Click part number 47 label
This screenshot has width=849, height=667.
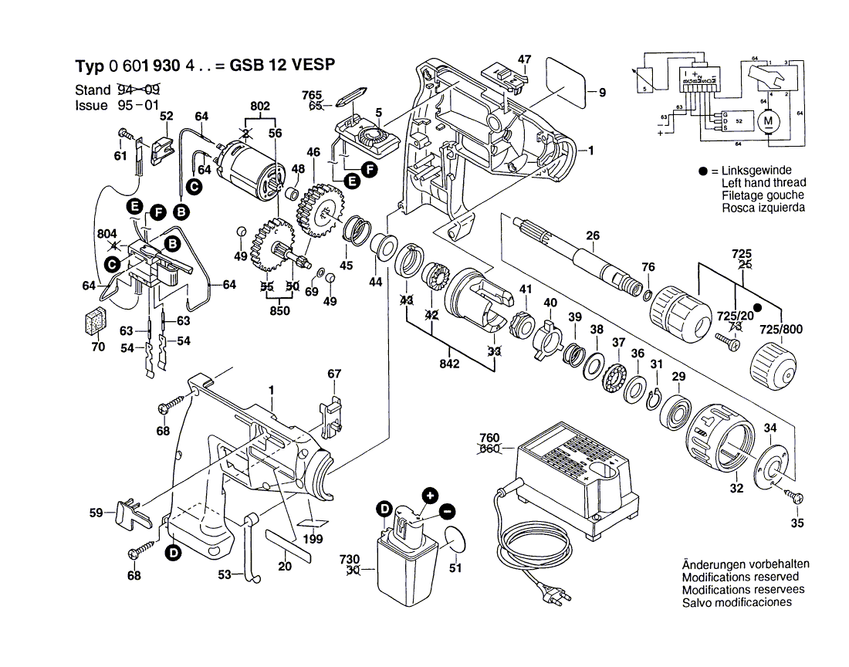point(525,59)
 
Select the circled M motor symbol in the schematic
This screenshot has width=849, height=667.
point(767,121)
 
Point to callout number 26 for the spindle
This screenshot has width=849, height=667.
point(592,236)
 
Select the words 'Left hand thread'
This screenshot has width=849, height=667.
point(763,183)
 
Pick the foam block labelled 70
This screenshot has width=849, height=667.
point(96,323)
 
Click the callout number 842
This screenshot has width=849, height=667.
point(450,363)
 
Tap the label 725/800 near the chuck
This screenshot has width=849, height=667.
point(781,330)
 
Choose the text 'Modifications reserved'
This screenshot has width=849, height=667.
point(740,577)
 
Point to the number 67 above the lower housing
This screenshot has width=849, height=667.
point(333,374)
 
